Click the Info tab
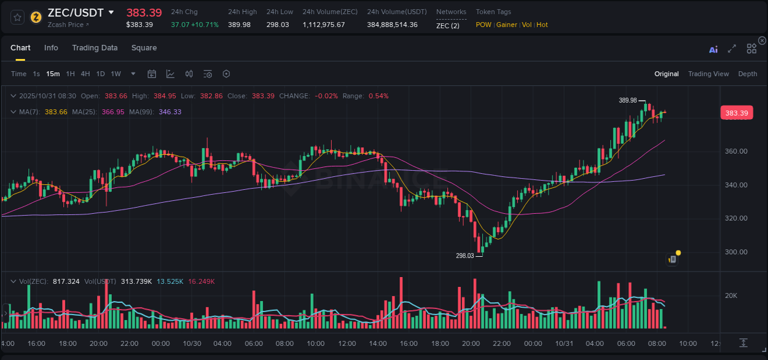tap(51, 48)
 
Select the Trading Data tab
tap(95, 48)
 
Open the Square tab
tap(144, 48)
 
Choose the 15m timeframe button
tap(53, 74)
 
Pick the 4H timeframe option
tap(85, 74)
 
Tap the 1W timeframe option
tap(116, 74)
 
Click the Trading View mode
tap(708, 74)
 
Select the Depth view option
tap(748, 74)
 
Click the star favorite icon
tap(17, 17)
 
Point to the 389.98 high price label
tap(627, 100)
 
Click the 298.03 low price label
tap(464, 256)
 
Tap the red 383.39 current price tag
tap(736, 113)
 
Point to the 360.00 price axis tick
tap(736, 151)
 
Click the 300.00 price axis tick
tap(736, 252)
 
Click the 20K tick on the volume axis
tap(731, 295)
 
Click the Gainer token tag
tap(506, 25)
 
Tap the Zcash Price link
tap(68, 25)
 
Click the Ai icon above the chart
tap(713, 49)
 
